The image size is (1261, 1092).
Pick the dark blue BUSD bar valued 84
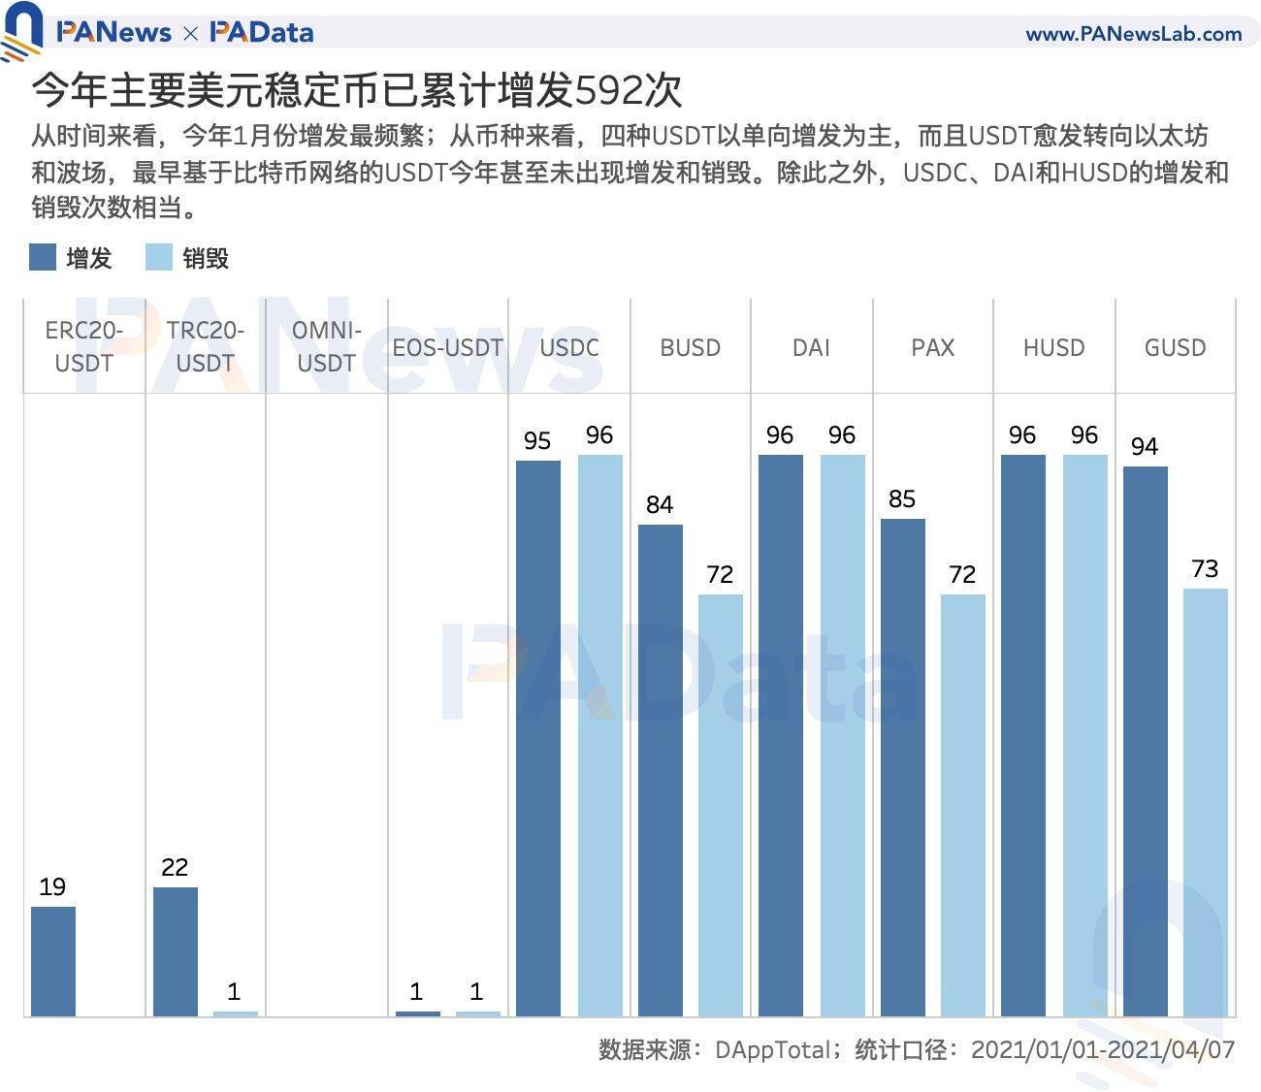coord(660,770)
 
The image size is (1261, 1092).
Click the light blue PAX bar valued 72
coord(962,805)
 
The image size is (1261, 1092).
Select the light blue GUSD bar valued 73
coord(1205,802)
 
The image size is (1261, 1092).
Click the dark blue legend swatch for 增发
coord(43,258)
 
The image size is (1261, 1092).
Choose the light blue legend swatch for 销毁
coord(158,258)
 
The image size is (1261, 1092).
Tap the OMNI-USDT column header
coord(327,346)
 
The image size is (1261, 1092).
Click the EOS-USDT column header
coord(447,347)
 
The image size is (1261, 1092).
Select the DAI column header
coord(811,347)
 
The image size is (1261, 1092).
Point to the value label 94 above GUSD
coord(1145,446)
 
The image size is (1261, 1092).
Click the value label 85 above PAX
coord(901,498)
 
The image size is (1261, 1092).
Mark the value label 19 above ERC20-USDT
coord(52,886)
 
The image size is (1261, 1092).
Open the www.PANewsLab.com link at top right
coord(1133,34)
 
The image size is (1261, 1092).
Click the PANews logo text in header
coord(113,33)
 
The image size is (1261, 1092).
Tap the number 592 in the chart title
coord(608,91)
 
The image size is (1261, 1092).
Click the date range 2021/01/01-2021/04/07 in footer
coord(1102,1049)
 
